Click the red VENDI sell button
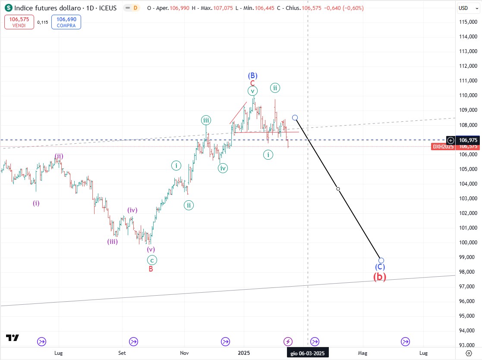click(x=19, y=22)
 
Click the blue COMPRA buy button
click(x=66, y=22)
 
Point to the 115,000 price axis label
click(x=467, y=22)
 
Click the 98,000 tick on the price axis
click(x=467, y=272)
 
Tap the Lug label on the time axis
click(x=59, y=353)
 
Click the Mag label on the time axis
click(x=362, y=353)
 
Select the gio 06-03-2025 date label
click(x=307, y=353)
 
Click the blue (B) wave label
click(x=252, y=76)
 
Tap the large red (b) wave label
click(x=380, y=277)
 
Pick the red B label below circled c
click(x=151, y=269)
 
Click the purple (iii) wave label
click(x=113, y=242)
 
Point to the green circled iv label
click(x=223, y=168)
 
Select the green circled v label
click(x=252, y=91)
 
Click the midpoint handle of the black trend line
click(x=338, y=189)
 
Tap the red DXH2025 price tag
click(x=444, y=147)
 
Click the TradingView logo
click(x=13, y=338)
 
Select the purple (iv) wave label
click(x=132, y=210)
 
